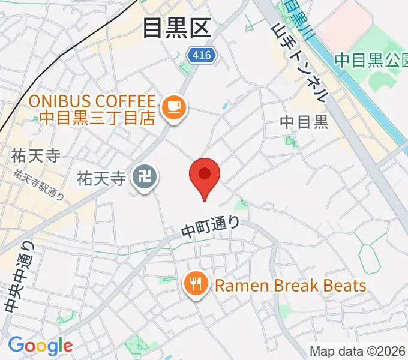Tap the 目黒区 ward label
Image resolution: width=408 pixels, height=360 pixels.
point(178,28)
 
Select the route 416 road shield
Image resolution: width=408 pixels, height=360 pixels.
point(201,55)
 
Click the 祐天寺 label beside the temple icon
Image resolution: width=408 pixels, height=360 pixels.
point(102,178)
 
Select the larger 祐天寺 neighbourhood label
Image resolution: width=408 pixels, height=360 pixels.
point(35,155)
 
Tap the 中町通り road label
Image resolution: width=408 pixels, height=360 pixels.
point(211,227)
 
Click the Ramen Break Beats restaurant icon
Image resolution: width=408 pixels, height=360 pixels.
point(196,284)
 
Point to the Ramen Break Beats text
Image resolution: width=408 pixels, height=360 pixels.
point(290,285)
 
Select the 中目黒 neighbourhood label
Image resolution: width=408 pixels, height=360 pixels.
point(304,122)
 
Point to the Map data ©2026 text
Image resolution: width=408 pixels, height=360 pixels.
point(358,351)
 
